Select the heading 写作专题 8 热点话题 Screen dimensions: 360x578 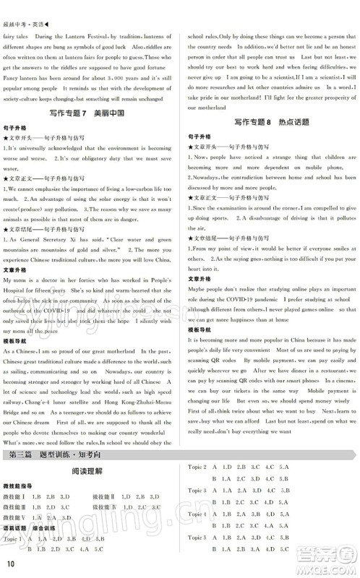(x=273, y=122)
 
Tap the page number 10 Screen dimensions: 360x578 (x=10, y=564)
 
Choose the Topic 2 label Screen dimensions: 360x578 (x=197, y=467)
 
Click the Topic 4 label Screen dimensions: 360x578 (x=197, y=514)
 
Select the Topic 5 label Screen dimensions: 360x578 (x=197, y=538)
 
